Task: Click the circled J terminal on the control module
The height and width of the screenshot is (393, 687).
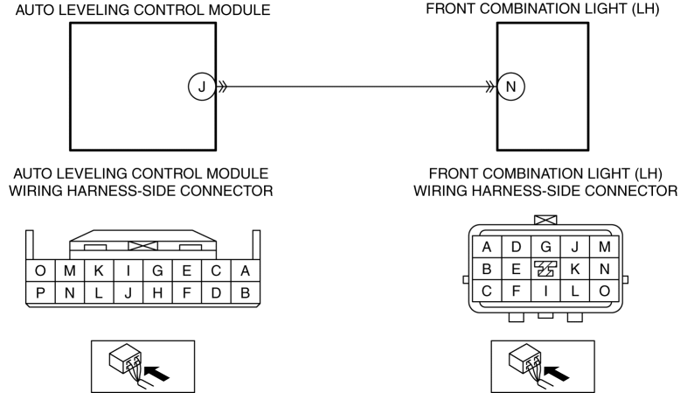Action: pyautogui.click(x=202, y=87)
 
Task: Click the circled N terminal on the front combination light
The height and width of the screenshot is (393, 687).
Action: pyautogui.click(x=510, y=87)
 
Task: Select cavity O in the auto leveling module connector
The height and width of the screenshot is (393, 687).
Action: pyautogui.click(x=40, y=270)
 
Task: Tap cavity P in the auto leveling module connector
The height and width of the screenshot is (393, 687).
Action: pyautogui.click(x=40, y=292)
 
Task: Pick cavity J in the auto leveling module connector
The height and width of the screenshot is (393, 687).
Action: pyautogui.click(x=128, y=292)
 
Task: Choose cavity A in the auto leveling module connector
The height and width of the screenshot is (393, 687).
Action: pyautogui.click(x=246, y=270)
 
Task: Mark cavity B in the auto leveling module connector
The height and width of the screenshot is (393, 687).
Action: pyautogui.click(x=246, y=292)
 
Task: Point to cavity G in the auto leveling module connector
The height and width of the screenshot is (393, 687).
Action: pyautogui.click(x=157, y=270)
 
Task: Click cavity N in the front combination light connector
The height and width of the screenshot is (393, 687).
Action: pyautogui.click(x=605, y=269)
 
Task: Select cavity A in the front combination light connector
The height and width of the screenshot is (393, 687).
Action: pyautogui.click(x=487, y=247)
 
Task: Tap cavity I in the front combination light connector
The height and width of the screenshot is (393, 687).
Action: pyautogui.click(x=545, y=291)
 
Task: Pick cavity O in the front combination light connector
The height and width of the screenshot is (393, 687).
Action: pyautogui.click(x=605, y=291)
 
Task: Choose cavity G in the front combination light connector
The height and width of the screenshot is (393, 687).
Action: pyautogui.click(x=545, y=247)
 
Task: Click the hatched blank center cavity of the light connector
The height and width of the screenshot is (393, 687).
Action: pyautogui.click(x=545, y=269)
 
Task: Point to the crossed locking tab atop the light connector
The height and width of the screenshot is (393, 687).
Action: pyautogui.click(x=545, y=220)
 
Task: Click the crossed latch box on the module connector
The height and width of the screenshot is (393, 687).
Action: pyautogui.click(x=142, y=246)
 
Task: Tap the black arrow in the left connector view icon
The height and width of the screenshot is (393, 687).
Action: pyautogui.click(x=156, y=373)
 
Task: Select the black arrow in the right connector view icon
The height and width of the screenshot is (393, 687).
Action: pyautogui.click(x=556, y=373)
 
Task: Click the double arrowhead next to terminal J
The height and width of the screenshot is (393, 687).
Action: pyautogui.click(x=223, y=87)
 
